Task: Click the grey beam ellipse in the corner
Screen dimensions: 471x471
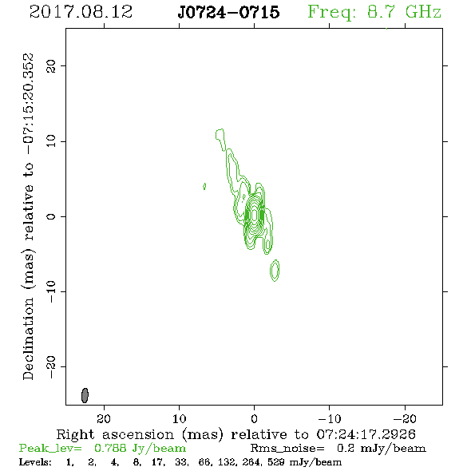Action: [85, 395]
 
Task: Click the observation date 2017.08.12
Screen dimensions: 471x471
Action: [81, 12]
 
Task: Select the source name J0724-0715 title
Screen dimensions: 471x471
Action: [228, 12]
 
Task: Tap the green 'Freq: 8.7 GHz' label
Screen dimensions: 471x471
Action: [374, 13]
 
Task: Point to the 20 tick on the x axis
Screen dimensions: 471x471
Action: [104, 418]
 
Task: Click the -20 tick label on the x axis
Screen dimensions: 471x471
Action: [405, 418]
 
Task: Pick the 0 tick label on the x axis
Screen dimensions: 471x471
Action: [254, 418]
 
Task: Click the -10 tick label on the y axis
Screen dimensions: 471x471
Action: [51, 291]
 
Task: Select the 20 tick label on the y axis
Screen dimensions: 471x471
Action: [51, 65]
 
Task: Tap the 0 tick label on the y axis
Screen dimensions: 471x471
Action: [51, 216]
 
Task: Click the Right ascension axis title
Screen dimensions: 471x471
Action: [236, 434]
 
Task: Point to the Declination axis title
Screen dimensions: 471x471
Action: [28, 216]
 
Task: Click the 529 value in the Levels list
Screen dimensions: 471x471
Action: [275, 461]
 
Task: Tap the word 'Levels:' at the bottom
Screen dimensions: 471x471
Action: [35, 461]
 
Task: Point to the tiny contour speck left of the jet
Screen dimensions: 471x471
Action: [204, 187]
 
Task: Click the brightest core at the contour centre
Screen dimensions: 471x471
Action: [254, 215]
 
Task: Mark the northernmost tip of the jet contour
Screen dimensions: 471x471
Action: [220, 129]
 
